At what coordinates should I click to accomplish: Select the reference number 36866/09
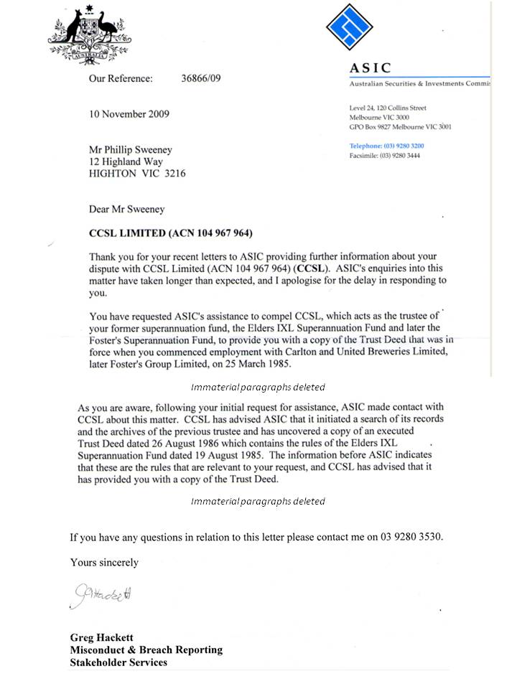(x=201, y=78)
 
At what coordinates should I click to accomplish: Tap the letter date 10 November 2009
(x=129, y=114)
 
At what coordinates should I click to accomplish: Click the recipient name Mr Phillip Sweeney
(x=130, y=150)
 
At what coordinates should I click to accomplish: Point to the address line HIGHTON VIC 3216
(x=136, y=173)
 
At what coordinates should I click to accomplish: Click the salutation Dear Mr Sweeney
(x=126, y=210)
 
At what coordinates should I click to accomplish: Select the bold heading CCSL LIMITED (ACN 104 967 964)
(x=170, y=233)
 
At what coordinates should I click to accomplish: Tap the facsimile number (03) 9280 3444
(x=400, y=155)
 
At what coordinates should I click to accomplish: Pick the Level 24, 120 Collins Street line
(x=387, y=108)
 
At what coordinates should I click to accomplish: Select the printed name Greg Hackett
(x=101, y=637)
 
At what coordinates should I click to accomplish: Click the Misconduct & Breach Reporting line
(x=146, y=650)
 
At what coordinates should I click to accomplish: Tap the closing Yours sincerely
(x=104, y=563)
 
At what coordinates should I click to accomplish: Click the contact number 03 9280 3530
(x=404, y=537)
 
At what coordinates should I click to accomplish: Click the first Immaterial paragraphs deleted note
(x=258, y=387)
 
